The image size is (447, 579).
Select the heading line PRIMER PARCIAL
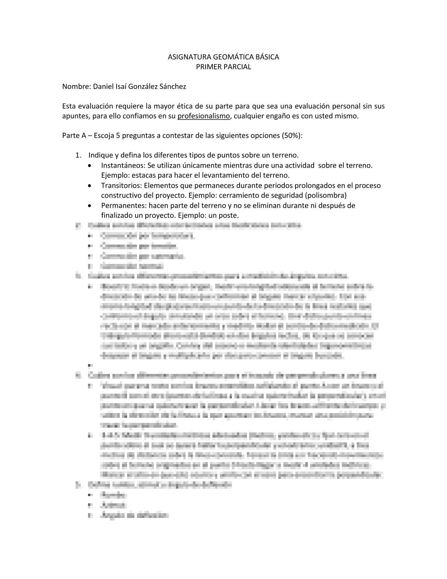click(223, 67)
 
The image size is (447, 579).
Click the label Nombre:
click(77, 87)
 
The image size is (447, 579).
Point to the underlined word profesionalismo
click(204, 116)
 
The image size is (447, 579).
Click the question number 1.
click(78, 155)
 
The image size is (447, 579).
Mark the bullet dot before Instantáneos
click(90, 166)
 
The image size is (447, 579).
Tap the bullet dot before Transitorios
click(90, 186)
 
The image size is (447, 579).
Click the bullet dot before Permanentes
click(90, 206)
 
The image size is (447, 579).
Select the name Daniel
click(104, 87)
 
